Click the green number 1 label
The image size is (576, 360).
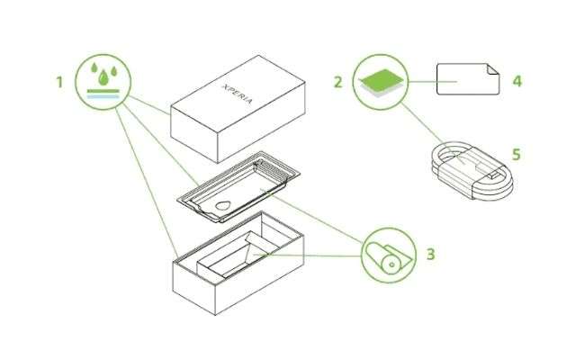pos(59,82)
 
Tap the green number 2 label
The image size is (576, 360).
pos(338,82)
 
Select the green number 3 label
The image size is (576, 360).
pos(430,254)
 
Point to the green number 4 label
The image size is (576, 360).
pos(517,81)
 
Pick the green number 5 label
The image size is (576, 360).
pos(517,154)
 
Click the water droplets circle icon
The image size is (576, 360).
pos(103,82)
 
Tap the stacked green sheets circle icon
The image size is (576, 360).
pos(381,82)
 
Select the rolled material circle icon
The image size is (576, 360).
pos(389,256)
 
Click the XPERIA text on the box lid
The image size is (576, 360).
pos(238,94)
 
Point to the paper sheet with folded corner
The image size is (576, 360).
pos(468,79)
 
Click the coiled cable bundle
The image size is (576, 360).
pos(472,171)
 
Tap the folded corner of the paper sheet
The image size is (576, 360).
pos(492,68)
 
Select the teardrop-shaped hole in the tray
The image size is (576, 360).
pos(223,205)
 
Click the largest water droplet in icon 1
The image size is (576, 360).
pos(103,77)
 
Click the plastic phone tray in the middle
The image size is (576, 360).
pos(238,186)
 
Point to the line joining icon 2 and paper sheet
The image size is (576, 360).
pos(433,82)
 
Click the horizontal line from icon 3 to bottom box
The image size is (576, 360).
pos(307,255)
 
